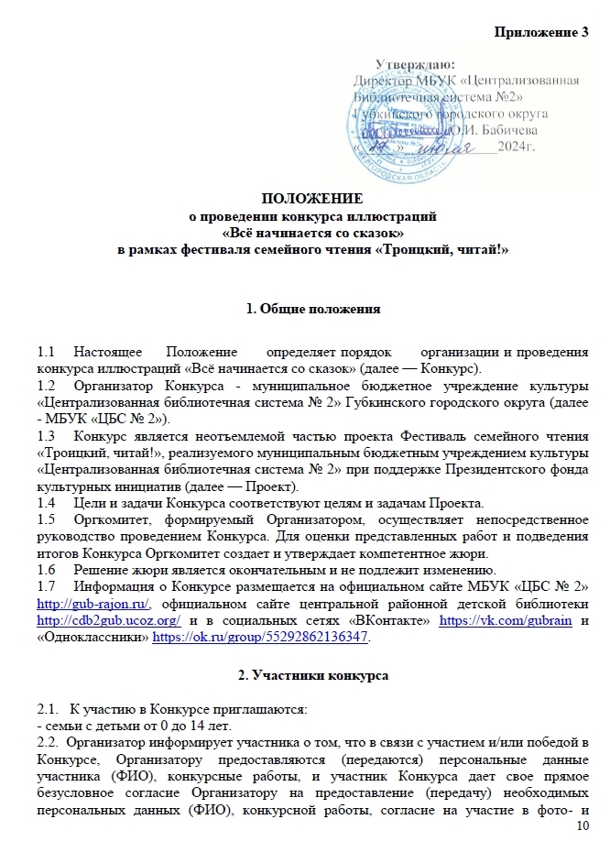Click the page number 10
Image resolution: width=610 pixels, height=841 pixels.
(582, 827)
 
